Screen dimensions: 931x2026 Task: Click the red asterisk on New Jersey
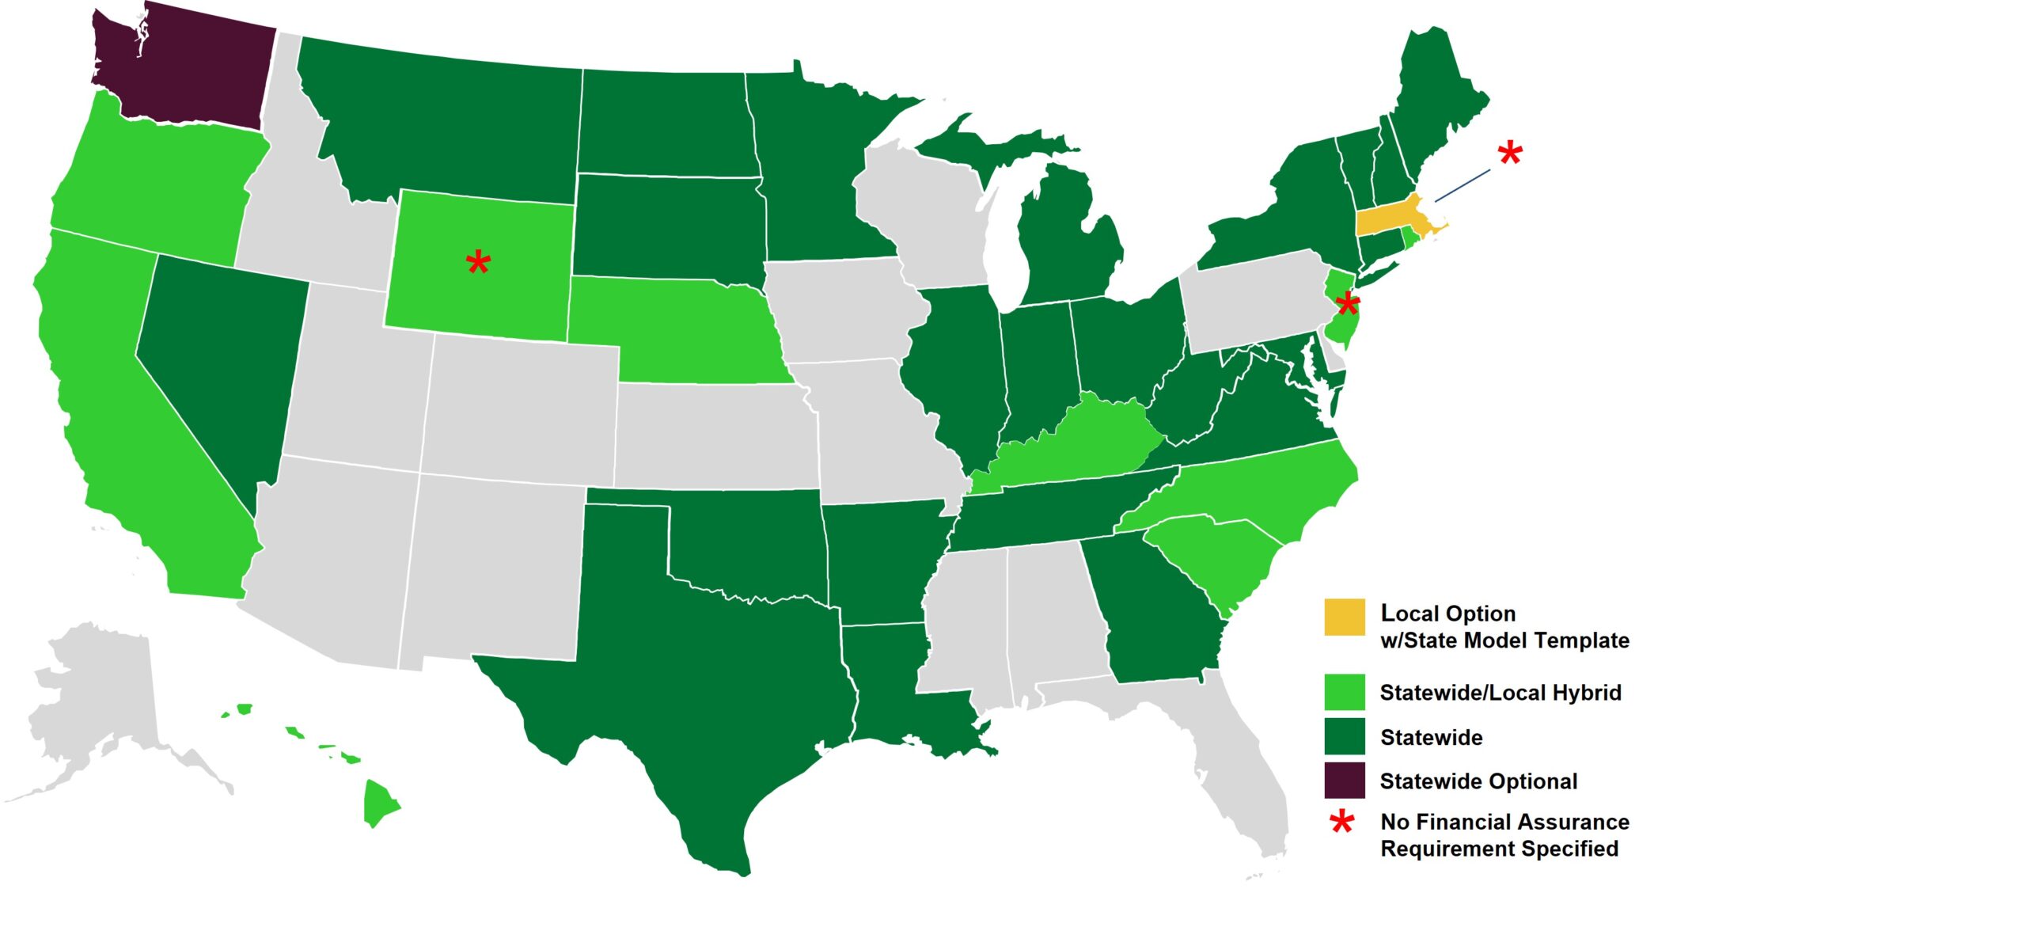pos(1347,303)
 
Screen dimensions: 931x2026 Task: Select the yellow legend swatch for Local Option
pos(1345,617)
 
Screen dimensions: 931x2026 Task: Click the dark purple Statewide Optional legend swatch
pos(1345,781)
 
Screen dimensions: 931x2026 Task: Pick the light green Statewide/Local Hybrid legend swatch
pos(1345,692)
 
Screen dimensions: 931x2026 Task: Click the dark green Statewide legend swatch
pos(1345,736)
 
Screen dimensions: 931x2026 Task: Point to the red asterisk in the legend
pos(1342,823)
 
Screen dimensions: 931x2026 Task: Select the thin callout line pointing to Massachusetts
pos(1463,185)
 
